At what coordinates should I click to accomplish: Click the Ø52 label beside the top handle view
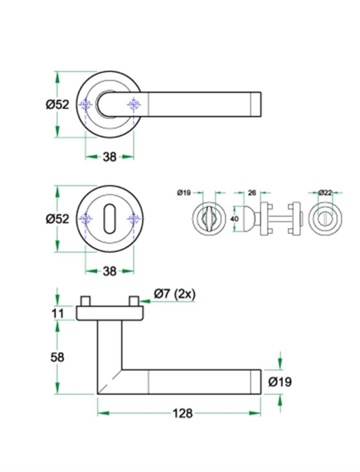(58, 104)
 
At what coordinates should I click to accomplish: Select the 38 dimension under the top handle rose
(109, 157)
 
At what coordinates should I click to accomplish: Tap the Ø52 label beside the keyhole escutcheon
(58, 219)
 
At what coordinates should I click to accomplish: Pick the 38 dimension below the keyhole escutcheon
(109, 271)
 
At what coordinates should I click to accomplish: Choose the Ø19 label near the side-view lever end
(280, 381)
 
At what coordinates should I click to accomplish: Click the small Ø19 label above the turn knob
(184, 193)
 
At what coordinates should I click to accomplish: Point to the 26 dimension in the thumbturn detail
(252, 193)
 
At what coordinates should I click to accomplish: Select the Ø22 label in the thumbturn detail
(325, 193)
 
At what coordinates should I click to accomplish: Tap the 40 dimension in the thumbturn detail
(235, 219)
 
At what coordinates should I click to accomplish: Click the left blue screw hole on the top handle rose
(86, 106)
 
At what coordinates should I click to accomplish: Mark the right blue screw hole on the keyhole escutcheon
(133, 220)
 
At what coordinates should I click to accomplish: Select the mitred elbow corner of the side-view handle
(110, 381)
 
